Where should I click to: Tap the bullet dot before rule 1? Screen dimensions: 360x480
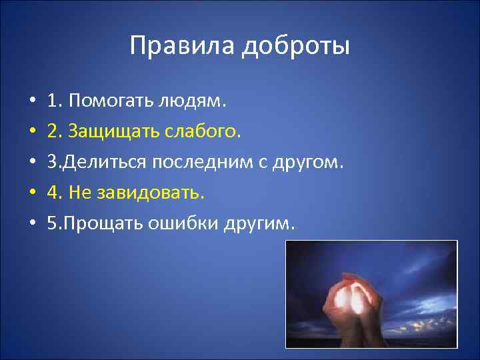point(32,102)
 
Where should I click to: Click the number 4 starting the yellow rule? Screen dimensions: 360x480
point(52,193)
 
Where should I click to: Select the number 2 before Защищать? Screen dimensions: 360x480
point(52,132)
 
